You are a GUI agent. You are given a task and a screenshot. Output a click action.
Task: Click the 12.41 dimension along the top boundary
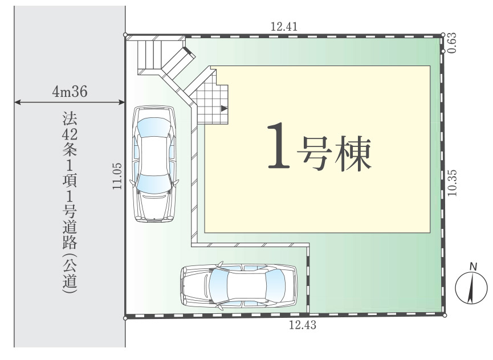coord(284,26)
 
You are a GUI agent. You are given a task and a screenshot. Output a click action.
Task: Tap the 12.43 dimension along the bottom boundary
coord(303,325)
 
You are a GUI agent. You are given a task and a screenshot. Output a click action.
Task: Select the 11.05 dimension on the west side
coord(117,176)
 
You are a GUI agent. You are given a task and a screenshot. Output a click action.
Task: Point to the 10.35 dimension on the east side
coord(452,183)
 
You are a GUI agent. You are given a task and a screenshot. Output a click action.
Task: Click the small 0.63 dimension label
coord(451,43)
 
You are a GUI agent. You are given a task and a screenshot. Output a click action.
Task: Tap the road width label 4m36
coord(70,92)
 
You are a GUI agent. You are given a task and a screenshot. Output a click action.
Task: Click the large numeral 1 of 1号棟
coord(279,145)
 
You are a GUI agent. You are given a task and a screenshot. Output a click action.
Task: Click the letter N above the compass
coord(473,267)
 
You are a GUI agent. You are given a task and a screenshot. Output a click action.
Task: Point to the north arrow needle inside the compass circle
coord(471,288)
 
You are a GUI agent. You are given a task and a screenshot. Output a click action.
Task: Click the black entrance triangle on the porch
coord(224,109)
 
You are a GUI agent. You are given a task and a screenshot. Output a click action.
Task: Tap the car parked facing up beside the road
coord(154,164)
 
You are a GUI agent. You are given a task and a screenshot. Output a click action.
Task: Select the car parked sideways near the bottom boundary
coord(239,286)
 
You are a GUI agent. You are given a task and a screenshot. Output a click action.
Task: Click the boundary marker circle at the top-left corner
coord(125,35)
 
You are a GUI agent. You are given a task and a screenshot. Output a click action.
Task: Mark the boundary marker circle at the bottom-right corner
coord(445,316)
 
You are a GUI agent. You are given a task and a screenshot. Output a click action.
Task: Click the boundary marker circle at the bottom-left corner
coord(125,318)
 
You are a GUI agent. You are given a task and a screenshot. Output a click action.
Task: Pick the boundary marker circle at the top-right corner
coord(443,35)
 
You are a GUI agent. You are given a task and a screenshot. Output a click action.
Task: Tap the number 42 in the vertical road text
coord(70,134)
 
